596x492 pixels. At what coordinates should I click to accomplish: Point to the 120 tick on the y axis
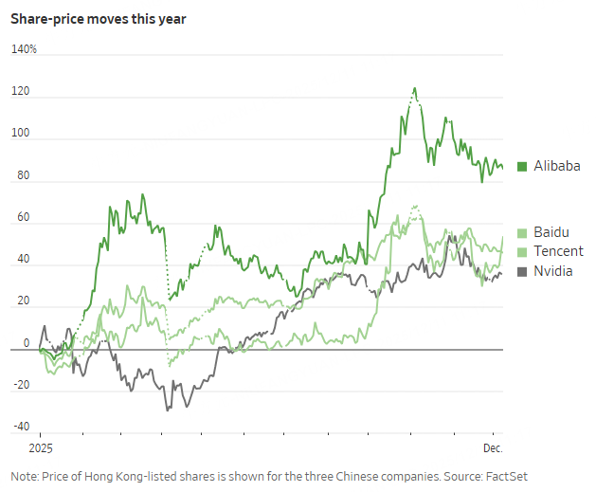pos(20,92)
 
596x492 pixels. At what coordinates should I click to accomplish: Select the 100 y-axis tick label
pos(20,134)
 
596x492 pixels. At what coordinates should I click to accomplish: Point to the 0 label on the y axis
pos(26,342)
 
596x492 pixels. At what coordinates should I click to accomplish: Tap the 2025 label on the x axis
pos(41,446)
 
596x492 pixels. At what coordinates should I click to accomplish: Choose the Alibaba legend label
pos(556,166)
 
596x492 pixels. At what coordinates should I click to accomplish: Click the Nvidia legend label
pos(553,272)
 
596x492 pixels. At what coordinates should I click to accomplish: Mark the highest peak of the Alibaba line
pos(414,88)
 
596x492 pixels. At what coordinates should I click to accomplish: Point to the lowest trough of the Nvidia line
pos(168,410)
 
